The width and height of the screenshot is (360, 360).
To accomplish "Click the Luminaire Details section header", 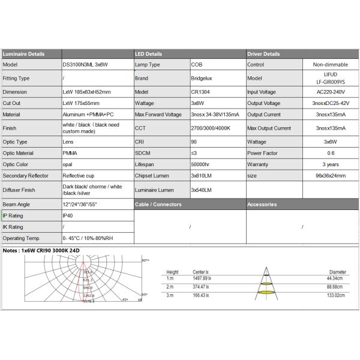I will pos(23,54).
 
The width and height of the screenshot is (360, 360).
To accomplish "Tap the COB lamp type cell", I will pos(197,64).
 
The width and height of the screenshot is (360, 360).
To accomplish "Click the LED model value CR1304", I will pos(200,92).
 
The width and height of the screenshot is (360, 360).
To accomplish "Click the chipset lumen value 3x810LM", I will pos(202,175).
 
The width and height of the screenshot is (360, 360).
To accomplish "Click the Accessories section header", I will pos(262,204).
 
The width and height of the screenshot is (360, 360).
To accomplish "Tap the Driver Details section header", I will pos(263,54).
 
